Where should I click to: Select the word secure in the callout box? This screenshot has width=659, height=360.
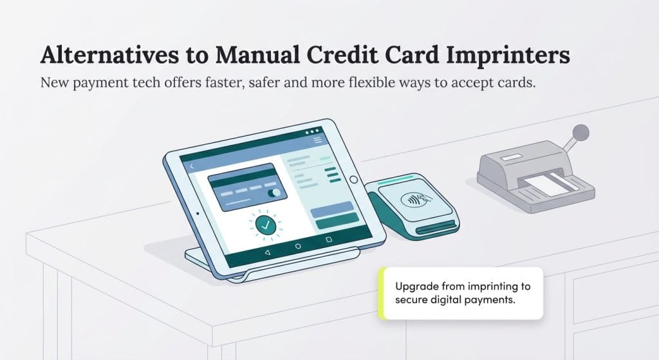(x=412, y=300)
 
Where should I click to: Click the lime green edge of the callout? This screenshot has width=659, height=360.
(x=382, y=293)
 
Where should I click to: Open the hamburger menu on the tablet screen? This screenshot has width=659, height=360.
(x=317, y=140)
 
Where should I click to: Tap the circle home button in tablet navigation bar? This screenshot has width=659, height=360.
(x=298, y=246)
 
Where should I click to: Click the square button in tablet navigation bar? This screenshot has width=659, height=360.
(x=329, y=239)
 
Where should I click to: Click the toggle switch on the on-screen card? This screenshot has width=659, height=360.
(x=274, y=192)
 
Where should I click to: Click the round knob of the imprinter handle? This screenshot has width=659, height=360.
(x=582, y=133)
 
